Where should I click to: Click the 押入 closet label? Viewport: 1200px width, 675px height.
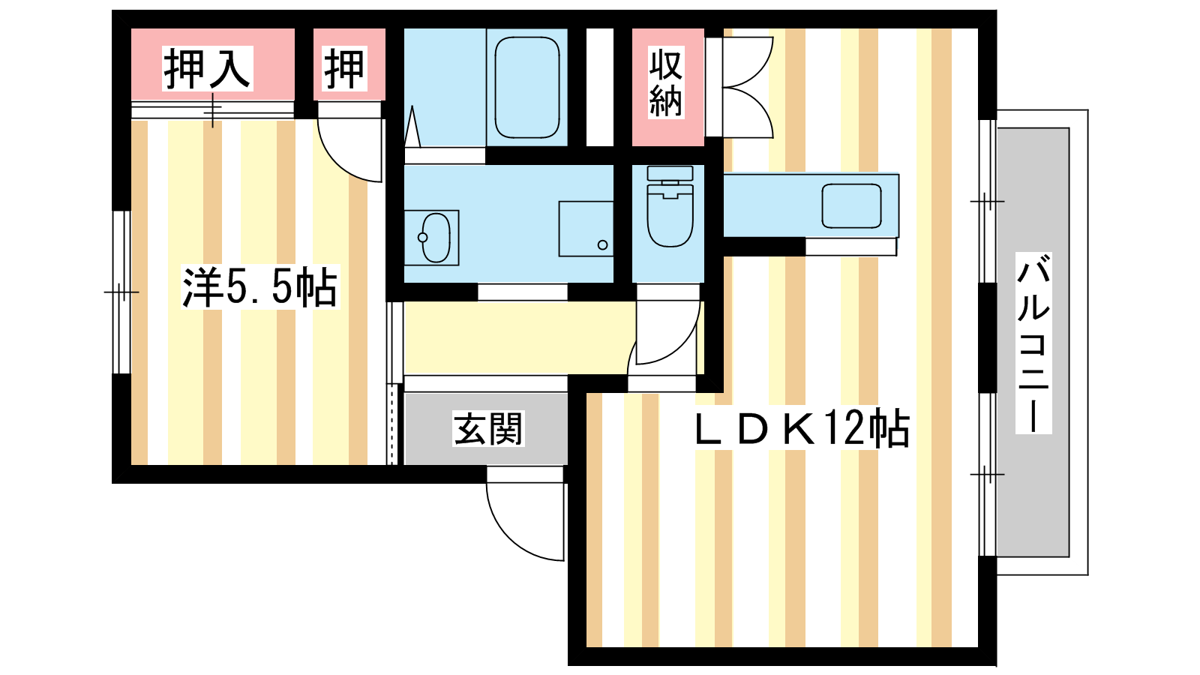207,68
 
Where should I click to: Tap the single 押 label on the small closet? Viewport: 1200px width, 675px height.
345,68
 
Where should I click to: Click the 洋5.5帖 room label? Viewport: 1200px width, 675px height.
260,287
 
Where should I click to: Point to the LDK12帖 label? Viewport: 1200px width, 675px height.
802,427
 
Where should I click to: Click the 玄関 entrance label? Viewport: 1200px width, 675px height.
488,428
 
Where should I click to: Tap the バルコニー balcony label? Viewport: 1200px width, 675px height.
1033,343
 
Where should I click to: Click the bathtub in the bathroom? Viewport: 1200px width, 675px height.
527,87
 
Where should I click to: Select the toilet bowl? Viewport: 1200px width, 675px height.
670,215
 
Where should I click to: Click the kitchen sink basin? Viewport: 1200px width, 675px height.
852,206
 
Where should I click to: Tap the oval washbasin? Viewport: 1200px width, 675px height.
436,238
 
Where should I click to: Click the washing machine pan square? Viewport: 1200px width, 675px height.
586,229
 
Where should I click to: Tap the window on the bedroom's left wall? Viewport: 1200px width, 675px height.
121,292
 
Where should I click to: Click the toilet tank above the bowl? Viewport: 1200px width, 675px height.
670,173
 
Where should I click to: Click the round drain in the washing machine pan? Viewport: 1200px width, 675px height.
603,245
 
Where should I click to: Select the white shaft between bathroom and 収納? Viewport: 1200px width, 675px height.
600,87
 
